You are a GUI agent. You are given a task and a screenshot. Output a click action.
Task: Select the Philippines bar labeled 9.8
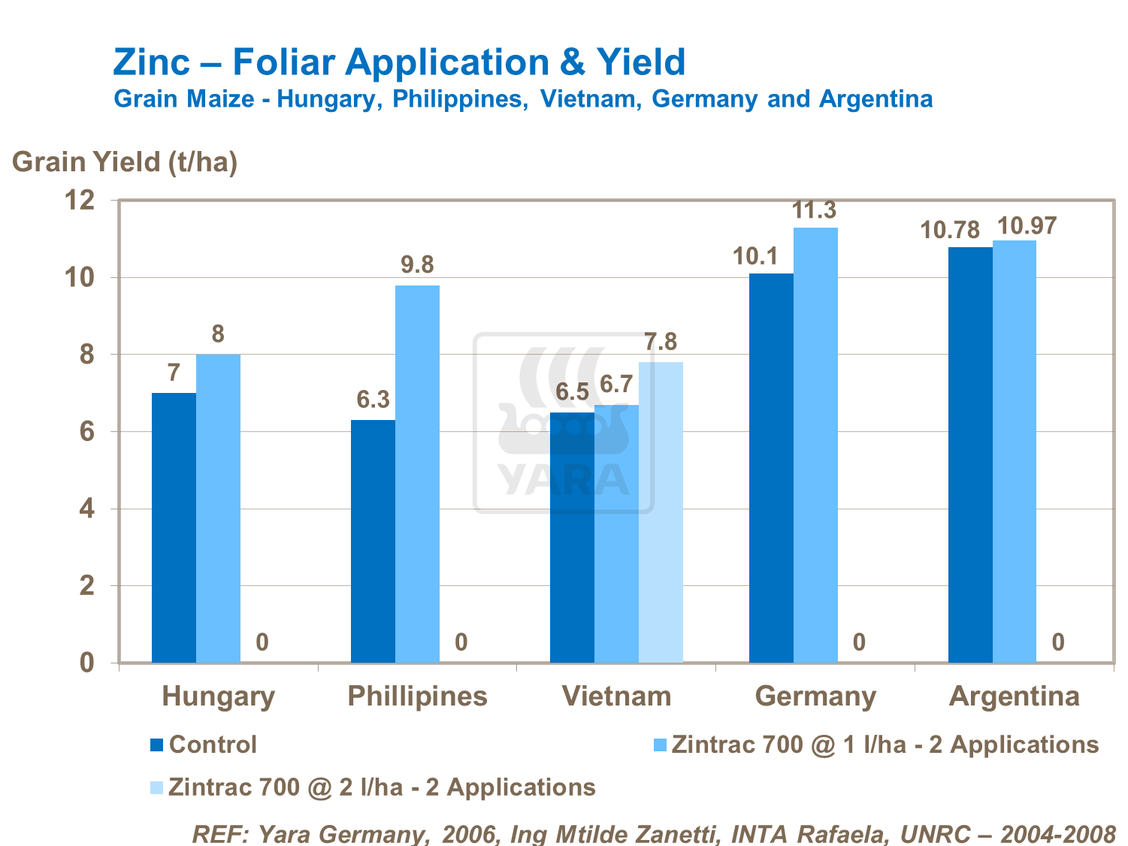click(x=417, y=473)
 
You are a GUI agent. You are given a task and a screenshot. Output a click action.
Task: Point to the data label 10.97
click(x=1026, y=225)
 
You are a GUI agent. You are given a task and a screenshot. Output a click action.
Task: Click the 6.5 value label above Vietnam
click(x=573, y=392)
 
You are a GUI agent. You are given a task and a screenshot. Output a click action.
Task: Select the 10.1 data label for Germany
click(x=755, y=256)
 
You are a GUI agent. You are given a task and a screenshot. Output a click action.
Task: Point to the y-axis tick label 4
click(x=87, y=509)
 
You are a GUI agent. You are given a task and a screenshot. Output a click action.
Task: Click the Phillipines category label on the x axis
click(x=417, y=696)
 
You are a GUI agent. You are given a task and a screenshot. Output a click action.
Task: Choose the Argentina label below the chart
click(x=1014, y=696)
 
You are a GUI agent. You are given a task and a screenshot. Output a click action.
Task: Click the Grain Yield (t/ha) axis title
click(x=125, y=162)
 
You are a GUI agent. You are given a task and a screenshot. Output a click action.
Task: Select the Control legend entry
click(x=213, y=745)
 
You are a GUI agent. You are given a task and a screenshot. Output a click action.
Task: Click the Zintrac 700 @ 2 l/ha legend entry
click(x=382, y=787)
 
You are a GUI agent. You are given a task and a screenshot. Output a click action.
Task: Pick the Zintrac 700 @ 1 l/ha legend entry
click(x=885, y=745)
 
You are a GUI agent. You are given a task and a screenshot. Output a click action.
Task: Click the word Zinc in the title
click(x=152, y=62)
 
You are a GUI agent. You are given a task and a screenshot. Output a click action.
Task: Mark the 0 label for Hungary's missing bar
click(x=262, y=642)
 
